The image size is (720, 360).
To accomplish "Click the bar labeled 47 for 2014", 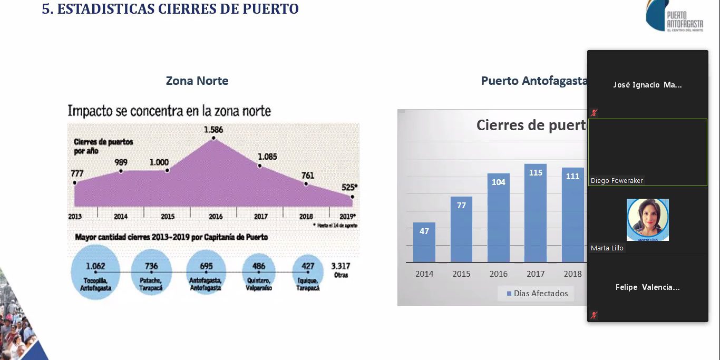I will (x=424, y=242).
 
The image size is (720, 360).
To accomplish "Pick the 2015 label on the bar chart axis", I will (x=461, y=274).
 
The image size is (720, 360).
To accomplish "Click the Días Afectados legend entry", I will (x=536, y=294).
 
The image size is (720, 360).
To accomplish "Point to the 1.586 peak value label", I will (x=213, y=129).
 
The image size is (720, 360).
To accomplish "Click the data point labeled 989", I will (x=121, y=171).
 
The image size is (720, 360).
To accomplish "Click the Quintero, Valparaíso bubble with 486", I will (x=259, y=273).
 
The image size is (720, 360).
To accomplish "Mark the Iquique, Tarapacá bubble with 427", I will (x=307, y=273).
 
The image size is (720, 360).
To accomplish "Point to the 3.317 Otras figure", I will (x=341, y=270).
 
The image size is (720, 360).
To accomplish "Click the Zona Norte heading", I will (x=197, y=81).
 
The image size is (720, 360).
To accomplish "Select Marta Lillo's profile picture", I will (x=647, y=220).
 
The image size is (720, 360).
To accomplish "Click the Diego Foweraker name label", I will (x=617, y=181).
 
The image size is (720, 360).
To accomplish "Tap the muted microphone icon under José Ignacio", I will (x=594, y=113).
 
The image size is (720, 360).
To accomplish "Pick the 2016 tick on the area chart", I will (x=215, y=217).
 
